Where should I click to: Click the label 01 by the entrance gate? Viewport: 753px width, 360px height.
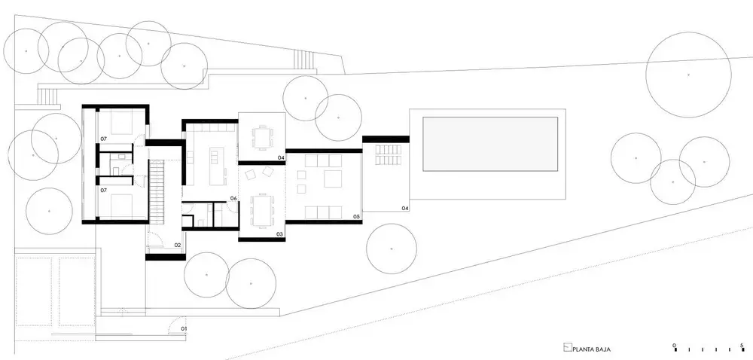click(183, 329)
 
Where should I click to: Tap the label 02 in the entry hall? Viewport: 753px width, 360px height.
click(177, 245)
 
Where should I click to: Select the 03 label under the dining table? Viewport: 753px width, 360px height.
click(279, 234)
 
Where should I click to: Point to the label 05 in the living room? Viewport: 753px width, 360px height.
click(356, 216)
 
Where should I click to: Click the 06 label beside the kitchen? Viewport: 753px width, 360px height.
click(233, 198)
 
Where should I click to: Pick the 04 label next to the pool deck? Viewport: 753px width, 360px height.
click(405, 209)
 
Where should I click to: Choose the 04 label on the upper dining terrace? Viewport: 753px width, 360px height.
click(281, 157)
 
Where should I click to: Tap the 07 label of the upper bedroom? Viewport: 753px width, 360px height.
click(103, 139)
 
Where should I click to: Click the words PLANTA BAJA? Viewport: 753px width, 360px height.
click(592, 350)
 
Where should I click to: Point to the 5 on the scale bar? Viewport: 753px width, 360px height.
click(742, 345)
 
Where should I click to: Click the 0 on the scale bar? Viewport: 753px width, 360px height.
click(675, 345)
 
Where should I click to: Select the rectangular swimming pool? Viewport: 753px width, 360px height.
click(490, 144)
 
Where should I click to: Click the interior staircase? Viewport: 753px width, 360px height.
click(157, 191)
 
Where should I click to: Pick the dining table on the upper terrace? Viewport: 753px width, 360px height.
click(262, 138)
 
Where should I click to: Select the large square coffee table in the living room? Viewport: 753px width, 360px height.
click(333, 178)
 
